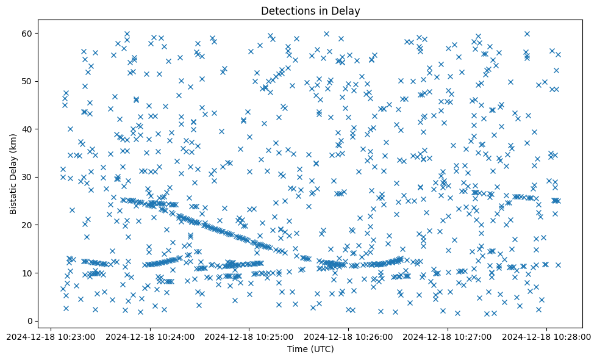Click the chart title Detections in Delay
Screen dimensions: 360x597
(310, 10)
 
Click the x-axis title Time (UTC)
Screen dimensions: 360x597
(310, 349)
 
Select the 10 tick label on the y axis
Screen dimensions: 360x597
(28, 273)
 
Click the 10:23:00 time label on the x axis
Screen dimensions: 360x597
(51, 336)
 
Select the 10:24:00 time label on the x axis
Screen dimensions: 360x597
(150, 336)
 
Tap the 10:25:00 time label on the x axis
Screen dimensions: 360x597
(249, 336)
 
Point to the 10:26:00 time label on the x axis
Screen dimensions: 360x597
(349, 336)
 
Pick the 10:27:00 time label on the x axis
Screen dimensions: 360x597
(448, 336)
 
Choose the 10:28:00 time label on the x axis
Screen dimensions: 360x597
(547, 336)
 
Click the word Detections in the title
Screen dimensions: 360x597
(285, 10)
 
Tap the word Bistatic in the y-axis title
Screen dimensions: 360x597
(13, 193)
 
